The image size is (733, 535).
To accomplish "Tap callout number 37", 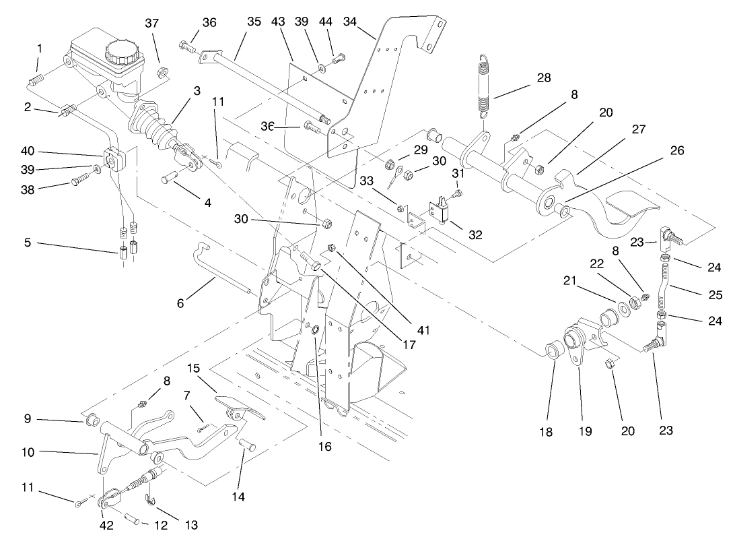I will pos(152,24).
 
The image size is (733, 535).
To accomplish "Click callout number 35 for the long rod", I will pos(254,22).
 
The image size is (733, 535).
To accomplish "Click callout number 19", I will pos(585,431).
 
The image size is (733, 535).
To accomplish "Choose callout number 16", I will pos(326,445).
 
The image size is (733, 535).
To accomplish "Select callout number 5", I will pos(28,242).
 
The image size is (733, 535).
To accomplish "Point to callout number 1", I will pos(40,49).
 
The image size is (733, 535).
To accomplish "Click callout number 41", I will pos(423,330).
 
